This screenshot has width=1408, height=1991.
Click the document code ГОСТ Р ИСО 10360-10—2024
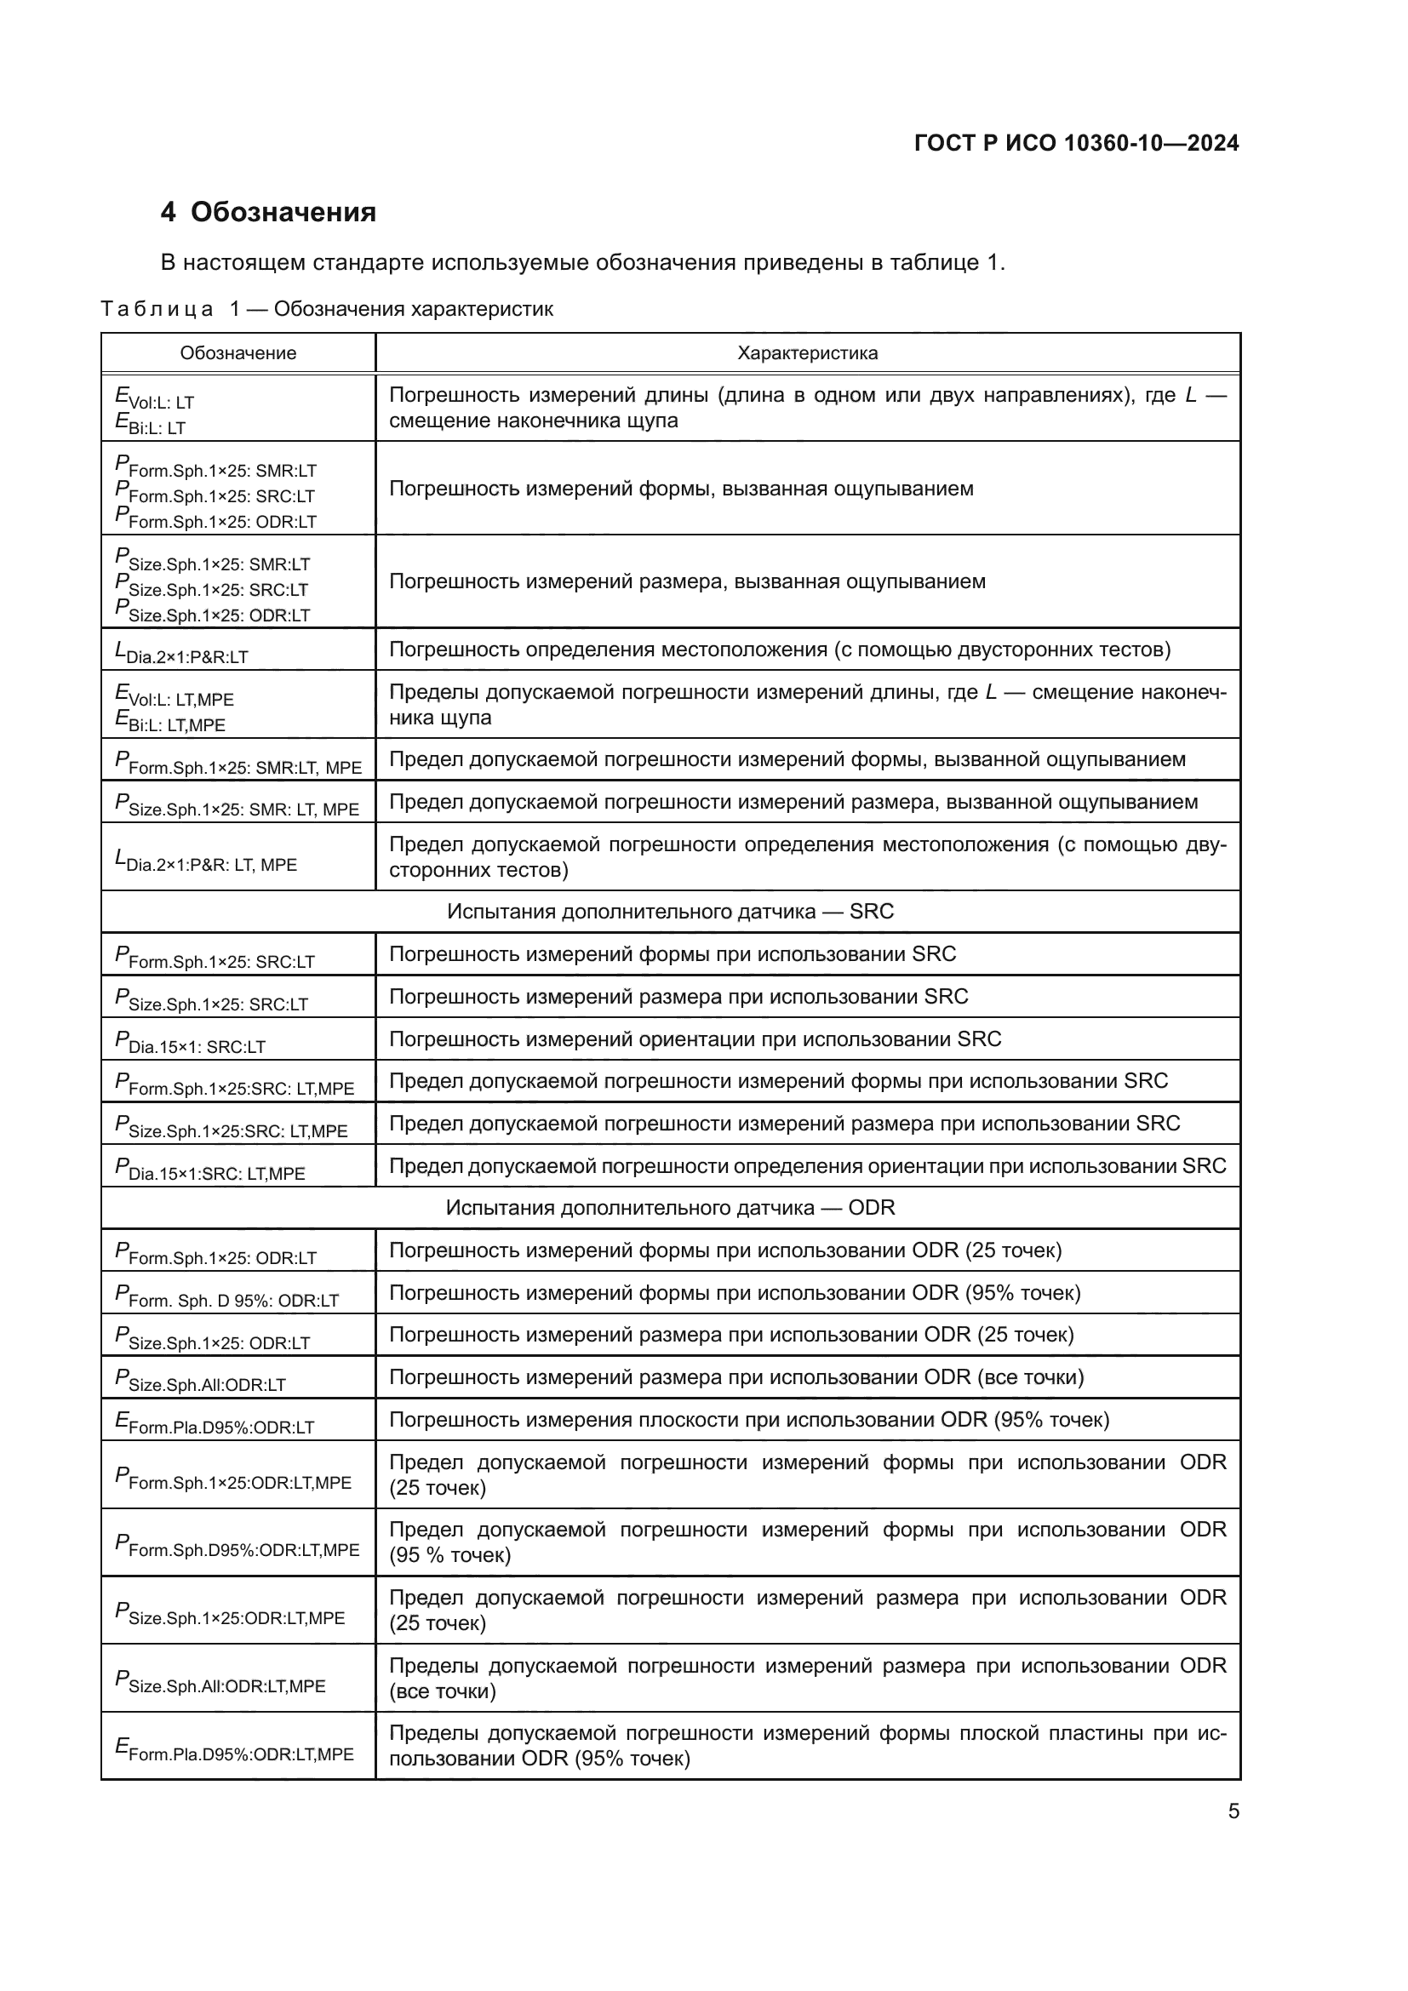coord(1076,143)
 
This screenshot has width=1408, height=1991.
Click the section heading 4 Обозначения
coord(268,213)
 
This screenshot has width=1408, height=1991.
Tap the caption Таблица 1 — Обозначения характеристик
coord(327,309)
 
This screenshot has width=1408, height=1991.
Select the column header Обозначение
coord(238,353)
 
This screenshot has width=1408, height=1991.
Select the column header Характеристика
coord(807,353)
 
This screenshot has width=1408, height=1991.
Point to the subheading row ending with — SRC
coord(670,912)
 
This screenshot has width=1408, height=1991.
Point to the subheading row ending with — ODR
coord(670,1207)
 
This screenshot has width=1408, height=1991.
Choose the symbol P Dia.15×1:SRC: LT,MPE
coord(209,1170)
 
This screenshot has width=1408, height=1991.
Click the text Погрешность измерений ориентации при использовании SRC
coord(695,1038)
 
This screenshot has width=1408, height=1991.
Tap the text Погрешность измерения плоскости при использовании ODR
coord(749,1420)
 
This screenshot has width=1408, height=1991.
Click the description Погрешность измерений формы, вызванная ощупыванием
coord(681,489)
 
